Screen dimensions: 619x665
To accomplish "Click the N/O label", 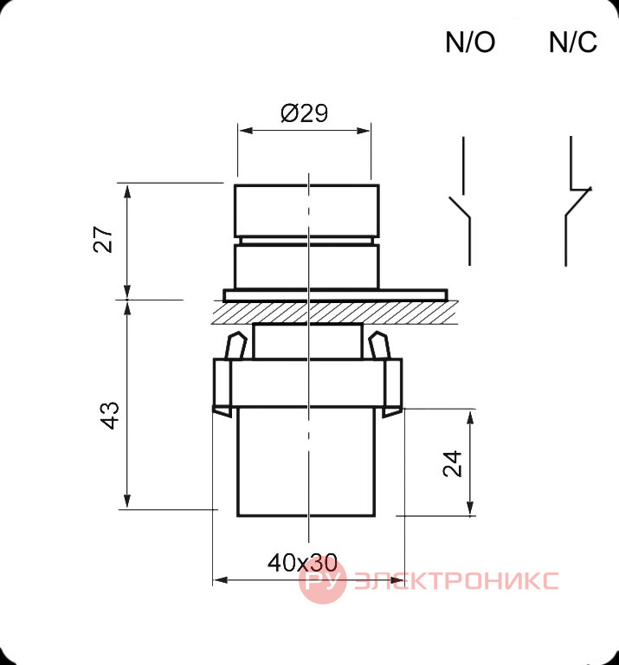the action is click(x=470, y=42).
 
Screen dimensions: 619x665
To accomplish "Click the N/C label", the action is click(x=573, y=42).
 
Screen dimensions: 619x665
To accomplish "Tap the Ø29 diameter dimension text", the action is click(x=305, y=113).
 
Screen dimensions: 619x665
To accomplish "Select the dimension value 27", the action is click(x=103, y=240).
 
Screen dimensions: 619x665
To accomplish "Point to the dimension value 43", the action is click(x=109, y=416).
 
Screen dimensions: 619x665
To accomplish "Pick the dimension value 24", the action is click(x=452, y=464).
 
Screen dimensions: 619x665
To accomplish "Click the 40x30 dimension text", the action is click(x=302, y=563).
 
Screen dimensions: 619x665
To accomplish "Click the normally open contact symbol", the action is click(x=463, y=201).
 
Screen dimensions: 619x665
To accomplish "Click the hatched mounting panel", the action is click(x=335, y=312).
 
